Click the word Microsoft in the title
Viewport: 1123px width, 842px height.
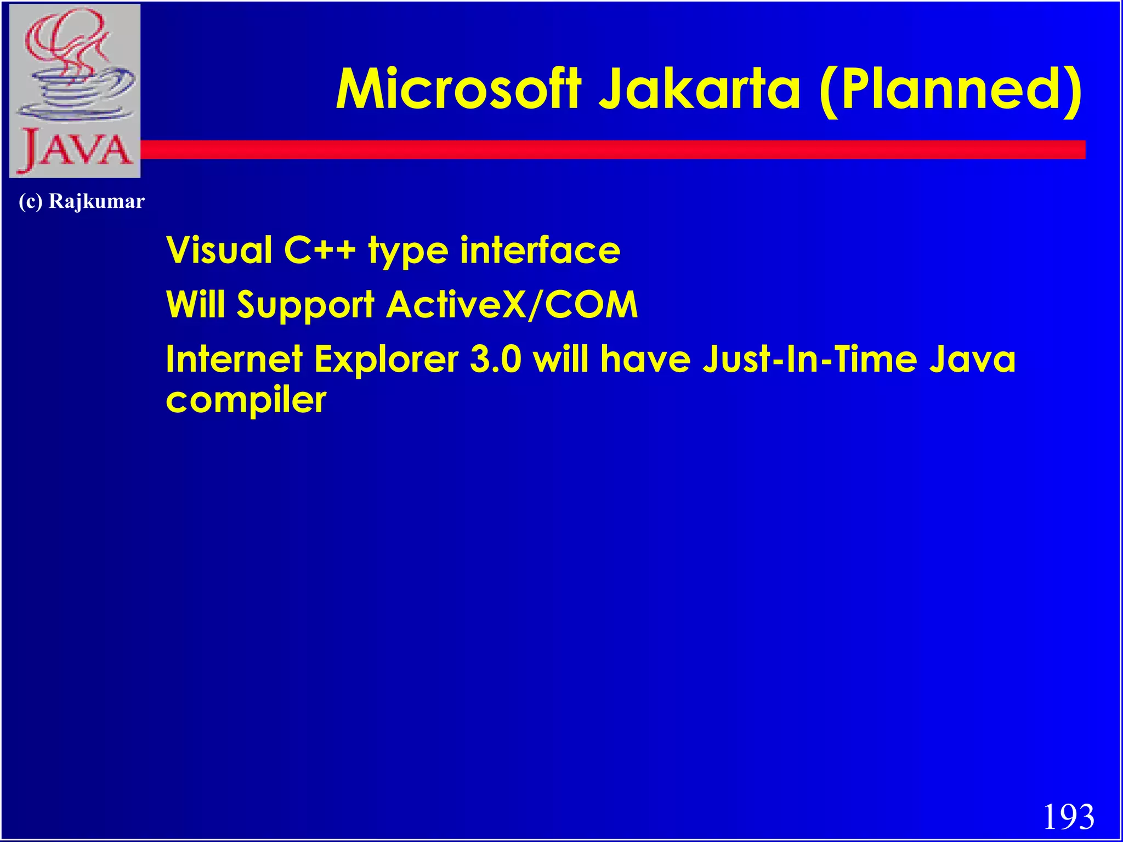[x=458, y=89]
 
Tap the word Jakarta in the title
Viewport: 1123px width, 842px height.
[x=699, y=89]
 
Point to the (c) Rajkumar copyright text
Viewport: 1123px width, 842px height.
[x=82, y=201]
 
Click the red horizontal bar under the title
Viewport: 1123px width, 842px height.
[x=603, y=150]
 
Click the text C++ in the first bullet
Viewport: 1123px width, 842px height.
[x=320, y=250]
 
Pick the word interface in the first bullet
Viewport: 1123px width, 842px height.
[x=540, y=250]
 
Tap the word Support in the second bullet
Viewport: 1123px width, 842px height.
[x=305, y=305]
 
